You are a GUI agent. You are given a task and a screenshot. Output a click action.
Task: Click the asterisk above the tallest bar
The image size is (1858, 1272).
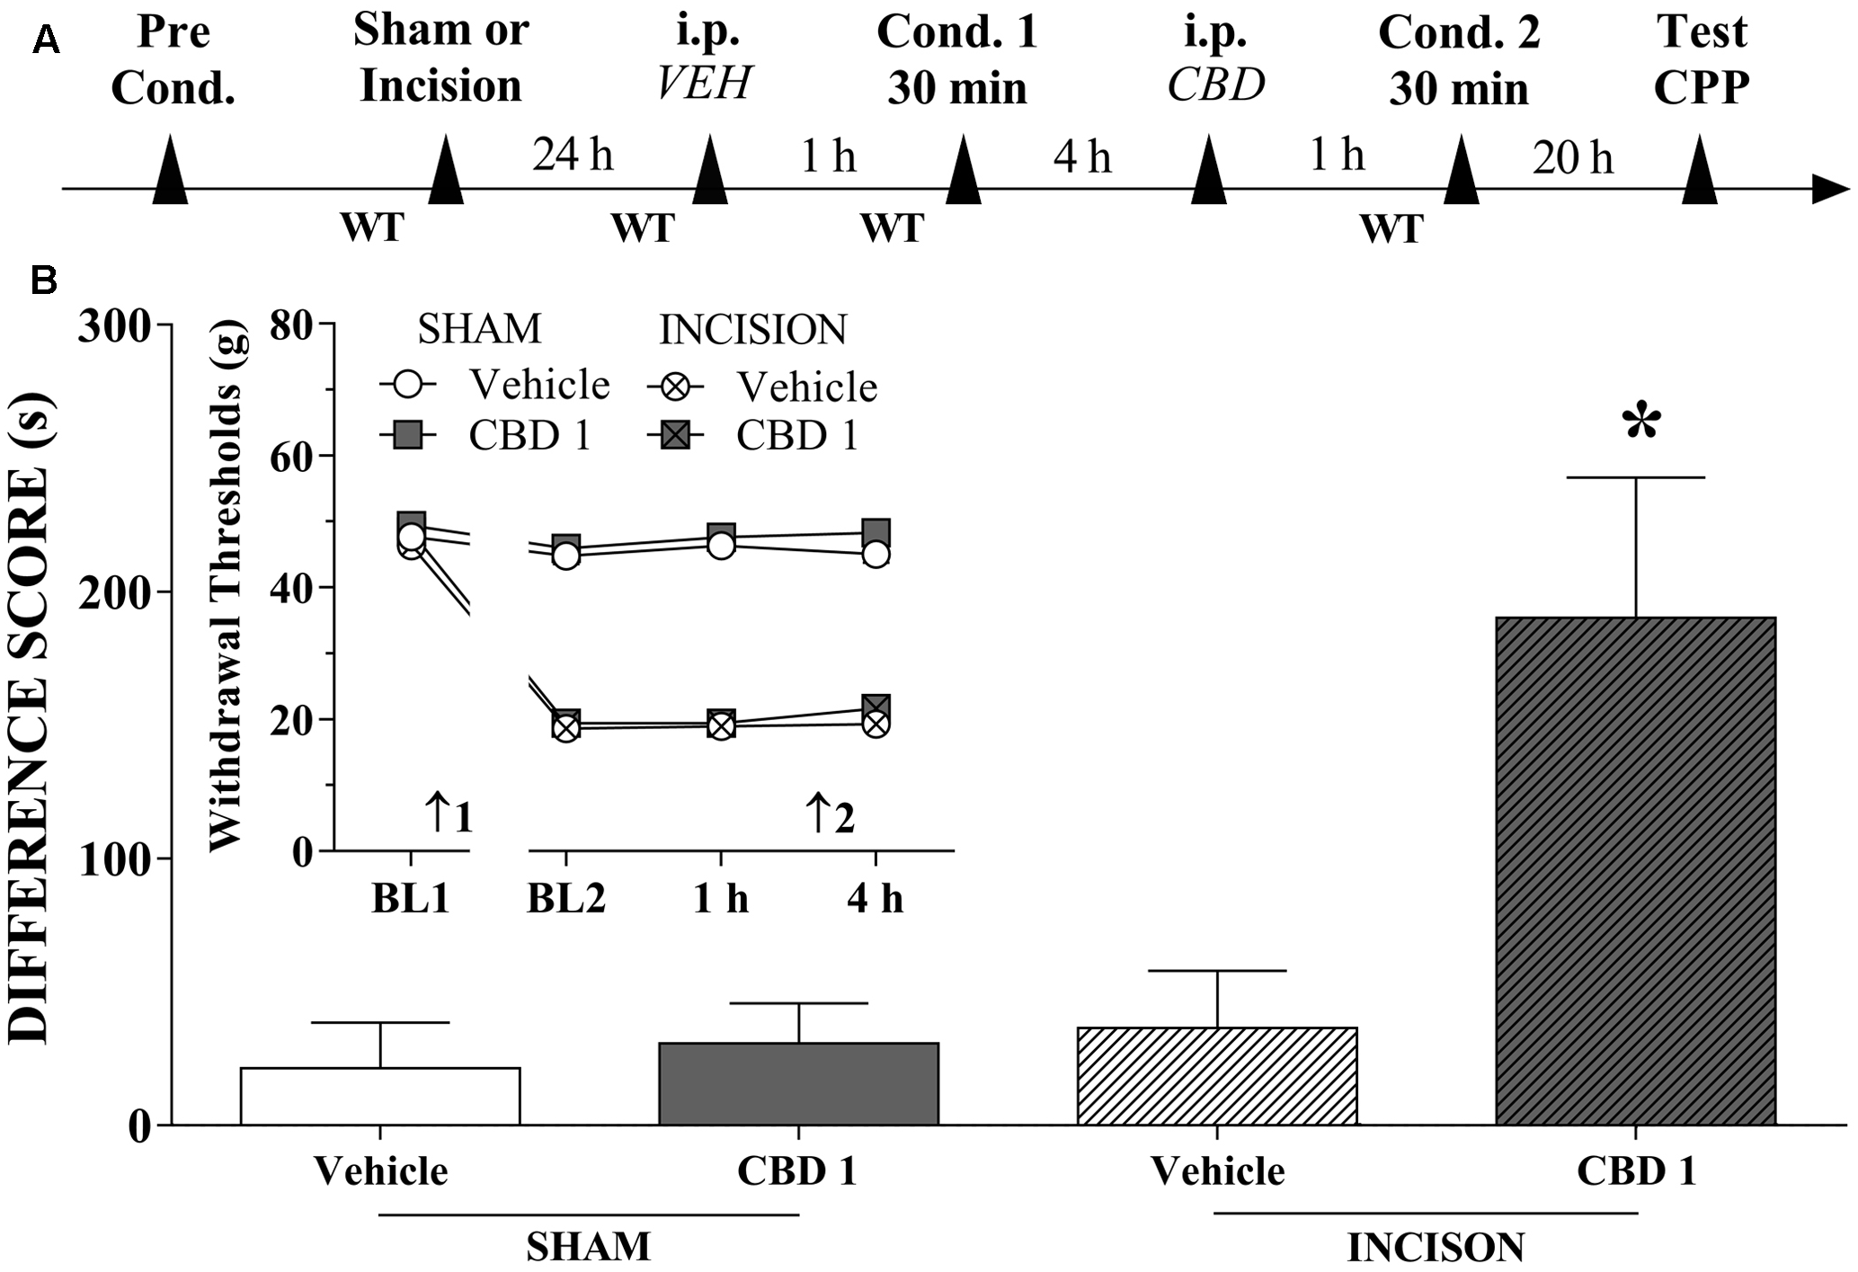[1641, 423]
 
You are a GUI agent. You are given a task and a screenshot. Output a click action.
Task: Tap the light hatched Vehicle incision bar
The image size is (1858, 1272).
[1217, 1076]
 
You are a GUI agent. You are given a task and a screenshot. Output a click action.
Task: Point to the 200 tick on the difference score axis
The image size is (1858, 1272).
[117, 592]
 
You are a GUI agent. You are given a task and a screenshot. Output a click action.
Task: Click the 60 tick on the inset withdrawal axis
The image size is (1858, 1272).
[291, 456]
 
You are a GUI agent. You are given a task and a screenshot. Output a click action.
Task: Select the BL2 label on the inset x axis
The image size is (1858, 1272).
[565, 898]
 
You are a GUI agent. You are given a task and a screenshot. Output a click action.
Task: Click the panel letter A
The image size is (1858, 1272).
[45, 40]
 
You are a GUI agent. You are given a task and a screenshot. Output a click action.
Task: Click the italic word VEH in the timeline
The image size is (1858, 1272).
[704, 85]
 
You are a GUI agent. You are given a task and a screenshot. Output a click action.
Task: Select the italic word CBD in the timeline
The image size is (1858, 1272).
[1215, 85]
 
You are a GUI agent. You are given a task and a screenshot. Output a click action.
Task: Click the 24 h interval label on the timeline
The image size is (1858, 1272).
[573, 155]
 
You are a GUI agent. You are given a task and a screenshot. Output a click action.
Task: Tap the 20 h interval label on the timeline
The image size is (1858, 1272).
[1573, 158]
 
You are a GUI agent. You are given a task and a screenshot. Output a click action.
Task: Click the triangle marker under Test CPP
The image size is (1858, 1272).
[1700, 170]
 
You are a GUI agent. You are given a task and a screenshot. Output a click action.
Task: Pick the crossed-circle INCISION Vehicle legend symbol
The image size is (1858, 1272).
[675, 387]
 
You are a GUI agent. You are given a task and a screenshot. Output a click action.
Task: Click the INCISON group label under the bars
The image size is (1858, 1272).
[1436, 1248]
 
